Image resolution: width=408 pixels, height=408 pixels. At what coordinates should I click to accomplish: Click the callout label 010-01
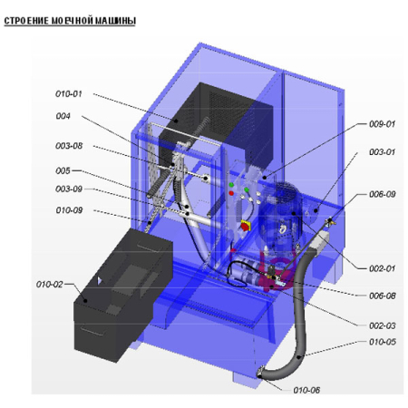click(x=69, y=94)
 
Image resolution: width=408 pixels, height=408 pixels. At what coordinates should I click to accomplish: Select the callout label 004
click(x=63, y=116)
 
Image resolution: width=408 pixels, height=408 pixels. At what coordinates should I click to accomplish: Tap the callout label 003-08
click(x=69, y=146)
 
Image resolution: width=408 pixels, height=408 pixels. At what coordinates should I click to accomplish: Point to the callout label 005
click(x=63, y=170)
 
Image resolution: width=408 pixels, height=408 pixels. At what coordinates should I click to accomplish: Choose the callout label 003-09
click(x=69, y=189)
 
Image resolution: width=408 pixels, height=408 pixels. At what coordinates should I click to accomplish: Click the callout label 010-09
click(x=69, y=210)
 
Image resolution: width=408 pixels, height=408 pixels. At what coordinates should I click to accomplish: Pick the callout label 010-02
click(x=50, y=285)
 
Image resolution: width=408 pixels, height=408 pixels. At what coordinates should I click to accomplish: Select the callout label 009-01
click(x=382, y=124)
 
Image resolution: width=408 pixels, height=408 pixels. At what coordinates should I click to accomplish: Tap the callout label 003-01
click(x=382, y=152)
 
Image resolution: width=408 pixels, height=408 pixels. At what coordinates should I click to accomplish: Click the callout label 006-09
click(x=383, y=194)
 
